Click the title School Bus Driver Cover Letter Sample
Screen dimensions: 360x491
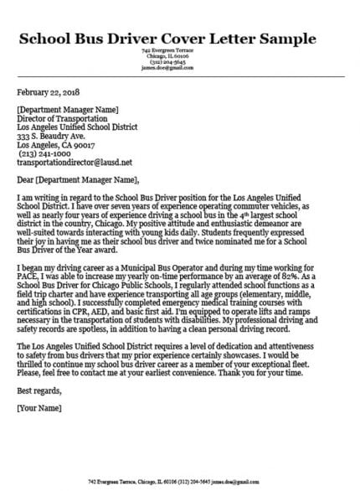click(167, 39)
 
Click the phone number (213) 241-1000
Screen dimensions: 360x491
click(44, 153)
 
